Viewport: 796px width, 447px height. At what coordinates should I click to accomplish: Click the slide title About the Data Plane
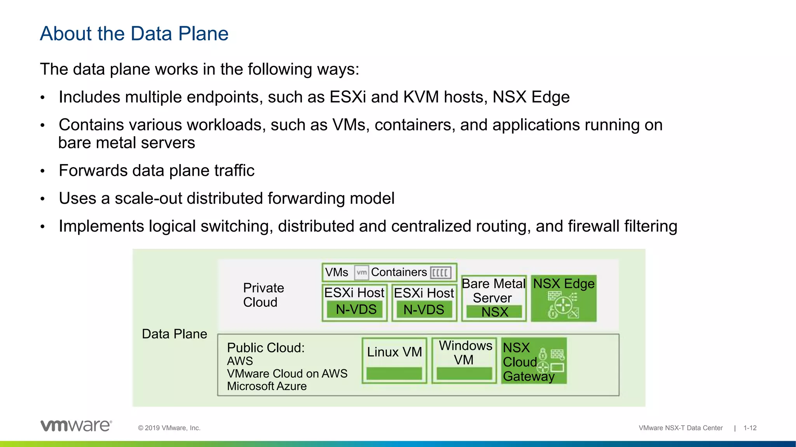(134, 34)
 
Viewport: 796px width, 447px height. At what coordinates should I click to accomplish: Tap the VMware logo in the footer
(76, 426)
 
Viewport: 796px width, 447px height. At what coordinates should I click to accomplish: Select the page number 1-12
(750, 428)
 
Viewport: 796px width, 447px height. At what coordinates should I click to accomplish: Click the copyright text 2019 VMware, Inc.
(169, 428)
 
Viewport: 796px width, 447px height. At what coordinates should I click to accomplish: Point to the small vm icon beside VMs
(361, 272)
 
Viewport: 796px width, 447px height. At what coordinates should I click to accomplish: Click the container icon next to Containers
(441, 272)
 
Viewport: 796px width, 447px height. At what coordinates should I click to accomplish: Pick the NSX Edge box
(564, 298)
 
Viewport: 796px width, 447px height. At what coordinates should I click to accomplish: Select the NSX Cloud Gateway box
(534, 361)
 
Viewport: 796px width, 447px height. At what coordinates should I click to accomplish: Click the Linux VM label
(394, 352)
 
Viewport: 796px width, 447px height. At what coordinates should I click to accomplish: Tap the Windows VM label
(465, 352)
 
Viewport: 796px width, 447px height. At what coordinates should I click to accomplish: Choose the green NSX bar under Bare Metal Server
(494, 312)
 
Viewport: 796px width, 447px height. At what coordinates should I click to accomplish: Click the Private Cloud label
(263, 295)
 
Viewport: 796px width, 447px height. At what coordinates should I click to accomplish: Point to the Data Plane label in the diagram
(175, 334)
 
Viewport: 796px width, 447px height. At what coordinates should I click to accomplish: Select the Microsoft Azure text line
(267, 386)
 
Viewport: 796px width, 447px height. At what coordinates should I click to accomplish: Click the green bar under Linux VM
(394, 374)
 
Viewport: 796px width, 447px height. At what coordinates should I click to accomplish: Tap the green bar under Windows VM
(464, 374)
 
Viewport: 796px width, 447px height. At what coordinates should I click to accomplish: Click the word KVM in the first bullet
(421, 97)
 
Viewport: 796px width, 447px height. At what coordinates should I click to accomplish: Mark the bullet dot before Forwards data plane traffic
(43, 171)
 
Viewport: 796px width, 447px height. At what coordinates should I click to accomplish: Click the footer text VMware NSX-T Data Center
(681, 428)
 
